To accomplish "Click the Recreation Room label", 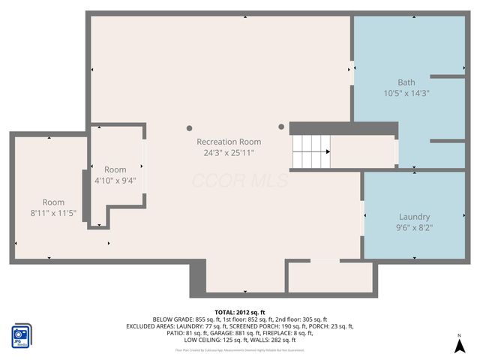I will tap(229, 142).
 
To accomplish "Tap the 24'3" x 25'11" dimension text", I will tap(229, 153).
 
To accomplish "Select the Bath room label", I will tap(406, 82).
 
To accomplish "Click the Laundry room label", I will tap(414, 216).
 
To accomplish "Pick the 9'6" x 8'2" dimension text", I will tap(414, 227).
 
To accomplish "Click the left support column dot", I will tap(190, 127).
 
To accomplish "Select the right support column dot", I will tap(282, 127).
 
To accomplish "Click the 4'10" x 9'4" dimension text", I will tap(115, 181).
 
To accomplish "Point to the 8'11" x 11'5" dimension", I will tap(53, 213).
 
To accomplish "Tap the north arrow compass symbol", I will tap(459, 345).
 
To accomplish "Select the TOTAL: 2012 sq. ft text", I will tap(240, 311).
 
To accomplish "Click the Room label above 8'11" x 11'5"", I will tap(53, 202).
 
